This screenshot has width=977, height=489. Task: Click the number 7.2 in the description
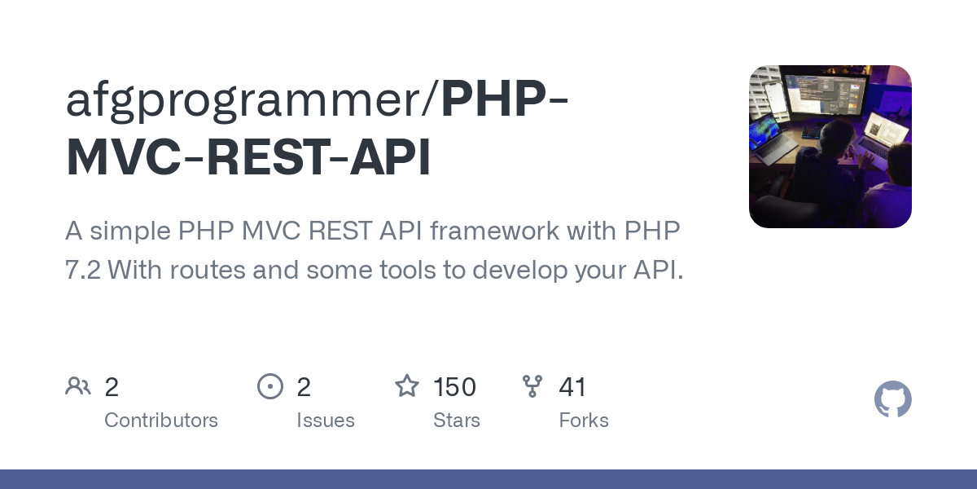click(83, 270)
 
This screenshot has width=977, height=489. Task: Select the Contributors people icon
click(78, 386)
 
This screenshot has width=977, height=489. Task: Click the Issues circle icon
click(269, 386)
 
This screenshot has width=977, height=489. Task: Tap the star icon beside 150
click(407, 385)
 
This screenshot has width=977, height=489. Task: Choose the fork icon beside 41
click(532, 386)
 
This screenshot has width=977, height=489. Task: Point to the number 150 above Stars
click(454, 387)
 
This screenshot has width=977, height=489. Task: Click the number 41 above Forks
click(572, 387)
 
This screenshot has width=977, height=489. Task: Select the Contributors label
click(161, 421)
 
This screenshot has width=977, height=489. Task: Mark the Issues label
click(326, 421)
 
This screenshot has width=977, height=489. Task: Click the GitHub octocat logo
click(892, 400)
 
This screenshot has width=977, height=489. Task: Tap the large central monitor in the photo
click(822, 96)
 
